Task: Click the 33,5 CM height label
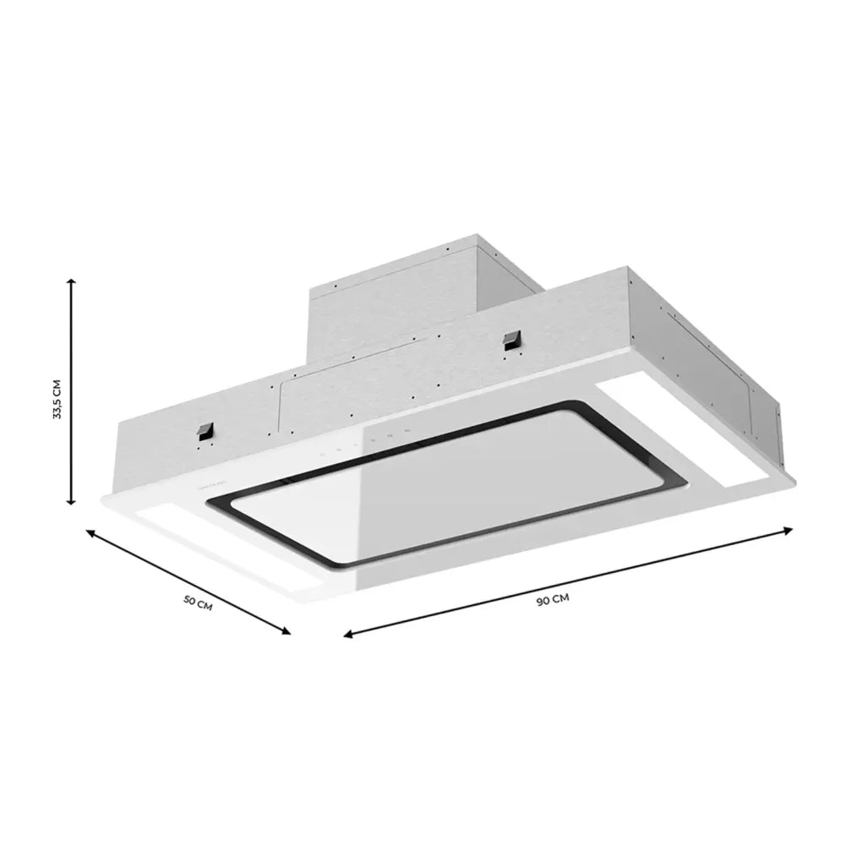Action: [x=57, y=399]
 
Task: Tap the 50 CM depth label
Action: [x=198, y=603]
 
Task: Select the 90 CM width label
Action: [x=552, y=599]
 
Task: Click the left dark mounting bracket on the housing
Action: [x=204, y=433]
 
